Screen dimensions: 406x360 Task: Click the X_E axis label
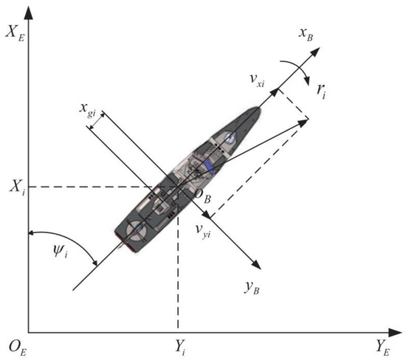[x=16, y=35]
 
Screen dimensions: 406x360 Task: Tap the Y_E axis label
[x=382, y=347]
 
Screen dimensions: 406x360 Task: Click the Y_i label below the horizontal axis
[x=180, y=347]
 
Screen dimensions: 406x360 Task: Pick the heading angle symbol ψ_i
[x=60, y=252]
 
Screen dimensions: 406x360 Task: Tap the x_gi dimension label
[x=87, y=110]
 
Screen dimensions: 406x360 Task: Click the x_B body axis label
[x=306, y=35]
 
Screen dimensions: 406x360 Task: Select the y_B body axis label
[x=252, y=287]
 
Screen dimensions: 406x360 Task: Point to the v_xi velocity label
[x=257, y=80]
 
